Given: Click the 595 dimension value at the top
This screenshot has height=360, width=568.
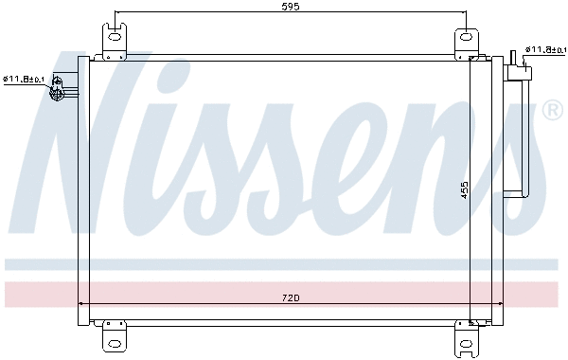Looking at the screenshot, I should pyautogui.click(x=291, y=7).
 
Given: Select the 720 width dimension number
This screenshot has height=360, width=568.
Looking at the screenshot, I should pyautogui.click(x=291, y=299).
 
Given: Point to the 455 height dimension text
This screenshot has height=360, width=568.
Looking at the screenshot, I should pyautogui.click(x=465, y=189).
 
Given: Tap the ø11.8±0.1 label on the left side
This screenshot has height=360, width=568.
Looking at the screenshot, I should pyautogui.click(x=25, y=80).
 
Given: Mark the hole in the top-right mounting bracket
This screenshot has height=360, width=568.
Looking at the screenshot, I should pyautogui.click(x=465, y=38).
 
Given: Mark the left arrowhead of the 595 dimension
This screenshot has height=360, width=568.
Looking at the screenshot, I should pyautogui.click(x=118, y=13).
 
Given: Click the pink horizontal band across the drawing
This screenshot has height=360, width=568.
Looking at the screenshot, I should pyautogui.click(x=284, y=294).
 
